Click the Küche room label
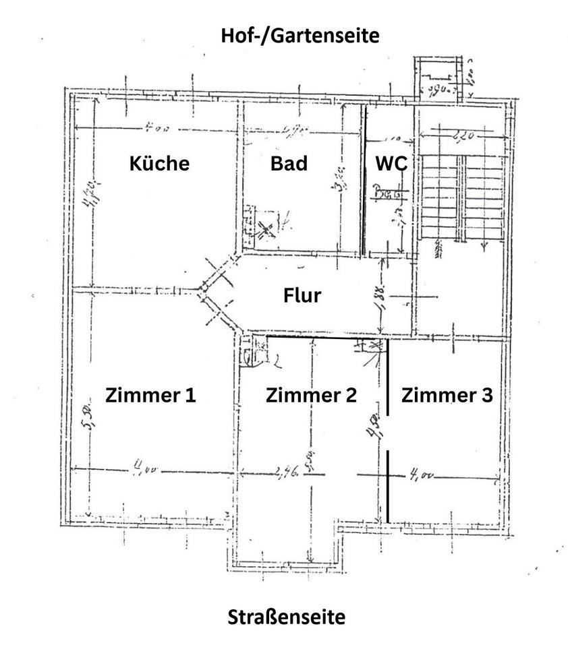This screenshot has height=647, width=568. pos(159,164)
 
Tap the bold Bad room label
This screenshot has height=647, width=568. pos(289,164)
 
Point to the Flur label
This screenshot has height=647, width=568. pos(302,295)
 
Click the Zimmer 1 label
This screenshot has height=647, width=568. pos(150,395)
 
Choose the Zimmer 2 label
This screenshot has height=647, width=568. pos(311,395)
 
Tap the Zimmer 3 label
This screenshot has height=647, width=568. pos(447,395)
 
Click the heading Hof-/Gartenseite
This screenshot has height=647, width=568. pos(300,36)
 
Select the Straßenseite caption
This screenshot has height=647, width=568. pos(287,617)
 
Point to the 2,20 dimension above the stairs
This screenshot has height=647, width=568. pos(461,137)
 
